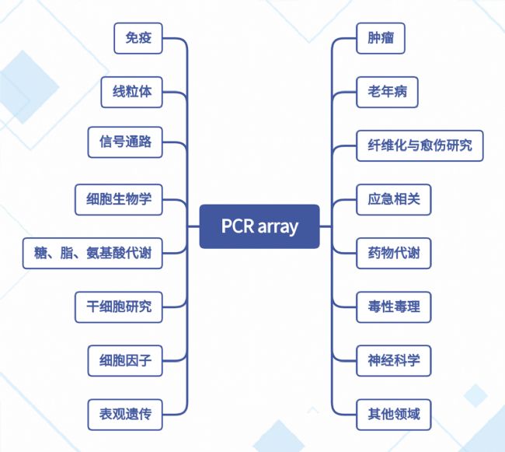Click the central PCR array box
click(259, 226)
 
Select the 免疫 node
click(138, 38)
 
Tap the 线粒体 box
click(132, 92)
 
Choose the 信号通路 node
click(125, 144)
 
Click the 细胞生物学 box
click(119, 198)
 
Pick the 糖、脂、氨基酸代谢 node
click(93, 253)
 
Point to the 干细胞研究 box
click(119, 307)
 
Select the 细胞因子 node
click(125, 360)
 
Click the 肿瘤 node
click(381, 38)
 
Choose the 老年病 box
click(387, 92)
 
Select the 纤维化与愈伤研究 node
click(420, 145)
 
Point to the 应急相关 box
click(393, 198)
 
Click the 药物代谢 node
click(393, 253)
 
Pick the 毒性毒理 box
click(393, 307)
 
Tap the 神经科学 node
click(393, 360)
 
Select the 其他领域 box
click(393, 414)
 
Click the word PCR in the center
click(237, 226)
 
